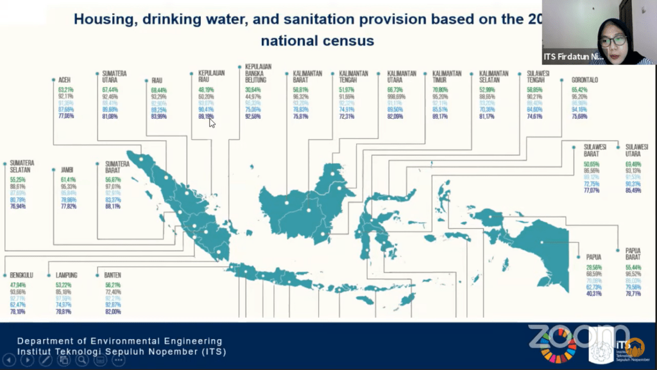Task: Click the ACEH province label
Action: click(x=64, y=81)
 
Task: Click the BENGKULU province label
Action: click(x=21, y=275)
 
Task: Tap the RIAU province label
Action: click(x=157, y=81)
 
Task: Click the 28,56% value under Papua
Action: click(x=595, y=266)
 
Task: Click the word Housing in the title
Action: click(x=102, y=19)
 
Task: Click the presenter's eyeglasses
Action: click(x=613, y=41)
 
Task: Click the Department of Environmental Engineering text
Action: click(x=119, y=341)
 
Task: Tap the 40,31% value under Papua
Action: click(x=593, y=294)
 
